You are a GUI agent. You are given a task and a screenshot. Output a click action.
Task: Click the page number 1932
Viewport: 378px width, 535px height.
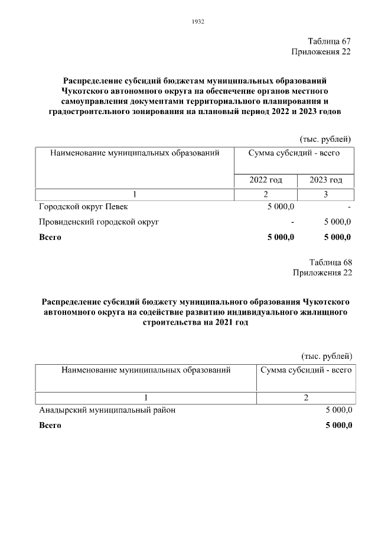(198, 22)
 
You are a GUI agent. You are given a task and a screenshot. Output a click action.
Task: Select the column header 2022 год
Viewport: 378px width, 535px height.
(266, 180)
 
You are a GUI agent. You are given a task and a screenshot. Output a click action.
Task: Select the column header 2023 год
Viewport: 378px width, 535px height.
(326, 180)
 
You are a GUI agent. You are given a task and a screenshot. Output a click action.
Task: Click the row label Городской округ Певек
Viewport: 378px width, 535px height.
(83, 207)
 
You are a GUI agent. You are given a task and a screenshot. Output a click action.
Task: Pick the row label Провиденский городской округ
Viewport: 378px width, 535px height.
(99, 222)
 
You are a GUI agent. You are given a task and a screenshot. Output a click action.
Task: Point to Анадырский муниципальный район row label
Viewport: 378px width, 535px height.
(107, 409)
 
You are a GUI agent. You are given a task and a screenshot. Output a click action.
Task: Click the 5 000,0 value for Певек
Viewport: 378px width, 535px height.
(281, 207)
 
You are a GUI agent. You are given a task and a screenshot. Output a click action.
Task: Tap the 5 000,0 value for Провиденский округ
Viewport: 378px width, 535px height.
(338, 222)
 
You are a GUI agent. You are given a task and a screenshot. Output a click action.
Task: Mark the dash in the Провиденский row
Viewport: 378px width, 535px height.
(293, 223)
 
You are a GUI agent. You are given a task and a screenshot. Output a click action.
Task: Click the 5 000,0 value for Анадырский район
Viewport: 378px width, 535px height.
(338, 409)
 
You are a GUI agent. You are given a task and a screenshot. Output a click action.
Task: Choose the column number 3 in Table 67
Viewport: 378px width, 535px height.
(325, 194)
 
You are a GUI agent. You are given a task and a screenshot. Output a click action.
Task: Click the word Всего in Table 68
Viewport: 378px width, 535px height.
(50, 424)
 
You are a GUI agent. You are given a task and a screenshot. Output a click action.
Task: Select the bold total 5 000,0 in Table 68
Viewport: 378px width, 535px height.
(338, 424)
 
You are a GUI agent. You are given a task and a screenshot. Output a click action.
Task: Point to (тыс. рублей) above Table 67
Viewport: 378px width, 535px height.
(326, 139)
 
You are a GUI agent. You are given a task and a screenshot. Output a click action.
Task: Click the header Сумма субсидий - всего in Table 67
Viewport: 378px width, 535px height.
(294, 153)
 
